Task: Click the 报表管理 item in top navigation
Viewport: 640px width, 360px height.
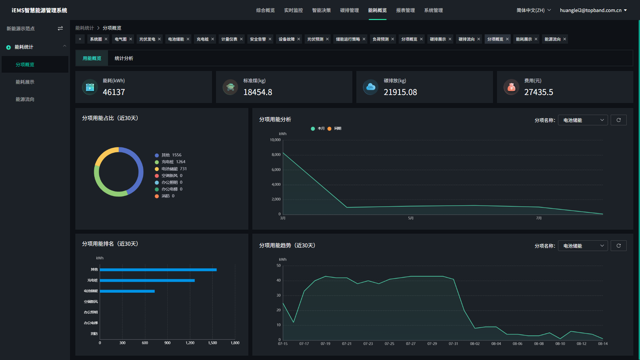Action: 405,10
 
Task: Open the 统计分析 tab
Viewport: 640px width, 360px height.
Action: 124,58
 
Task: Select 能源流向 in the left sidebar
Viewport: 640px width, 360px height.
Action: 25,99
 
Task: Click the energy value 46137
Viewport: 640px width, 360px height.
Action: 114,92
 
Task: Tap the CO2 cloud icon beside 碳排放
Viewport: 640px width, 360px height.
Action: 371,87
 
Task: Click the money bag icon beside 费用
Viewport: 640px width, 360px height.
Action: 511,87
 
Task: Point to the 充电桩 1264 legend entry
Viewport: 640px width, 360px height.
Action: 173,162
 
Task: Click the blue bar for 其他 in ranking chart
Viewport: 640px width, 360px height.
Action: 158,270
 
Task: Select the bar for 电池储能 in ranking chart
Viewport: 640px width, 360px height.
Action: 127,291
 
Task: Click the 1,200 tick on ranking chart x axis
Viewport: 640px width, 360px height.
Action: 190,343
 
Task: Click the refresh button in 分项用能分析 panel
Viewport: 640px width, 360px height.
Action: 618,120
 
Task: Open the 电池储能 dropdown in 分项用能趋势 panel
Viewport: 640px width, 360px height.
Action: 583,246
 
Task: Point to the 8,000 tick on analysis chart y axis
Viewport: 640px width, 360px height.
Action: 276,155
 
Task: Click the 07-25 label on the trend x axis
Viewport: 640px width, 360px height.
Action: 389,344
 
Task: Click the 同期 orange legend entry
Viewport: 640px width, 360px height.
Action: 335,129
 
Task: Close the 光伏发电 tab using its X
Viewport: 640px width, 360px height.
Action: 159,39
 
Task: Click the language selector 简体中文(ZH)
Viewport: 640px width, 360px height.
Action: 533,10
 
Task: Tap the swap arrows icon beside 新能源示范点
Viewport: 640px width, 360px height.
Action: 60,29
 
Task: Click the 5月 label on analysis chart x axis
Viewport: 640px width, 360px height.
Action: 411,218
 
